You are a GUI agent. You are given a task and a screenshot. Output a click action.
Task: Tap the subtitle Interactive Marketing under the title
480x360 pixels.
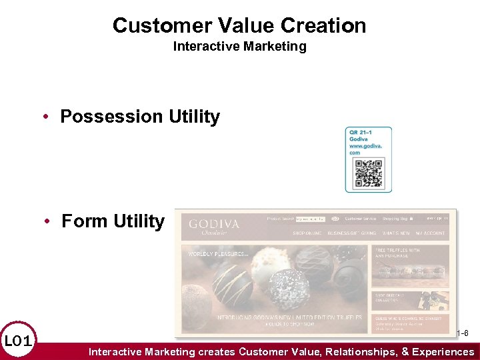(239, 46)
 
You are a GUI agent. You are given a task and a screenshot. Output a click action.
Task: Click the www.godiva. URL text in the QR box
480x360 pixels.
(364, 145)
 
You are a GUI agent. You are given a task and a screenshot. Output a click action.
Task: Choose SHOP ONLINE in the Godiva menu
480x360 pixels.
(307, 233)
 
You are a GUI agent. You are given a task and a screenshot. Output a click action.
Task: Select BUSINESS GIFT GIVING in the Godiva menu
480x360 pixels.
(352, 233)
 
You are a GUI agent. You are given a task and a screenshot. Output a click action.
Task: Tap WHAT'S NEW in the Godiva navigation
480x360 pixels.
(396, 233)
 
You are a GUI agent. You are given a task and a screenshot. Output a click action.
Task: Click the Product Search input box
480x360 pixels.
(311, 218)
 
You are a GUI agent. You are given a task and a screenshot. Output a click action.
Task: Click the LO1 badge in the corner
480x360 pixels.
(17, 342)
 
